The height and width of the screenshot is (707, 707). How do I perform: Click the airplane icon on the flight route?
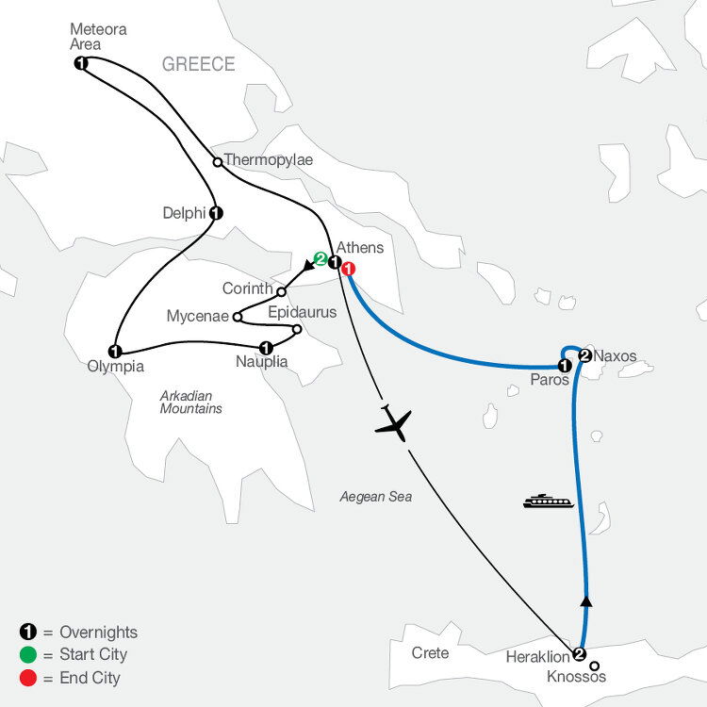pyautogui.click(x=394, y=423)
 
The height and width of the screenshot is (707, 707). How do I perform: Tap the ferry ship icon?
pyautogui.click(x=549, y=501)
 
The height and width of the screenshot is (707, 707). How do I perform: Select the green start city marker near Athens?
pyautogui.click(x=321, y=259)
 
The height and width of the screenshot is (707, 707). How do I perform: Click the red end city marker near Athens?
pyautogui.click(x=348, y=269)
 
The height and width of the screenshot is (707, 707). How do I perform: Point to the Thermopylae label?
pyautogui.click(x=268, y=160)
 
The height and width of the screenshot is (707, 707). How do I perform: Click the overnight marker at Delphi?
pyautogui.click(x=216, y=213)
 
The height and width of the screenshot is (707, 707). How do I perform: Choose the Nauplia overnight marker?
pyautogui.click(x=266, y=345)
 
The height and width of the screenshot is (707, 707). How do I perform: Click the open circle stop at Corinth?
pyautogui.click(x=281, y=290)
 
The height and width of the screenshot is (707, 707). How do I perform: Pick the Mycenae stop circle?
pyautogui.click(x=237, y=317)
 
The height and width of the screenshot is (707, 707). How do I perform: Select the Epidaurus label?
pyautogui.click(x=303, y=310)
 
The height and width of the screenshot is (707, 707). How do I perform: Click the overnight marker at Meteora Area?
pyautogui.click(x=80, y=63)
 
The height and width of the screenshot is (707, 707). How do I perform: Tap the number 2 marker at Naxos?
pyautogui.click(x=584, y=355)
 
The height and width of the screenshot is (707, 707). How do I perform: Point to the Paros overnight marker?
pyautogui.click(x=564, y=366)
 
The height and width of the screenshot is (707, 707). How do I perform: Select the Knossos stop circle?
pyautogui.click(x=595, y=666)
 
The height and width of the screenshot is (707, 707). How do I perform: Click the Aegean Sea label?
pyautogui.click(x=376, y=496)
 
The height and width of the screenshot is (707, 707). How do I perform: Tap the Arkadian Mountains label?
pyautogui.click(x=190, y=403)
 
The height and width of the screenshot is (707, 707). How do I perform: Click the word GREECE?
pyautogui.click(x=198, y=64)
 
